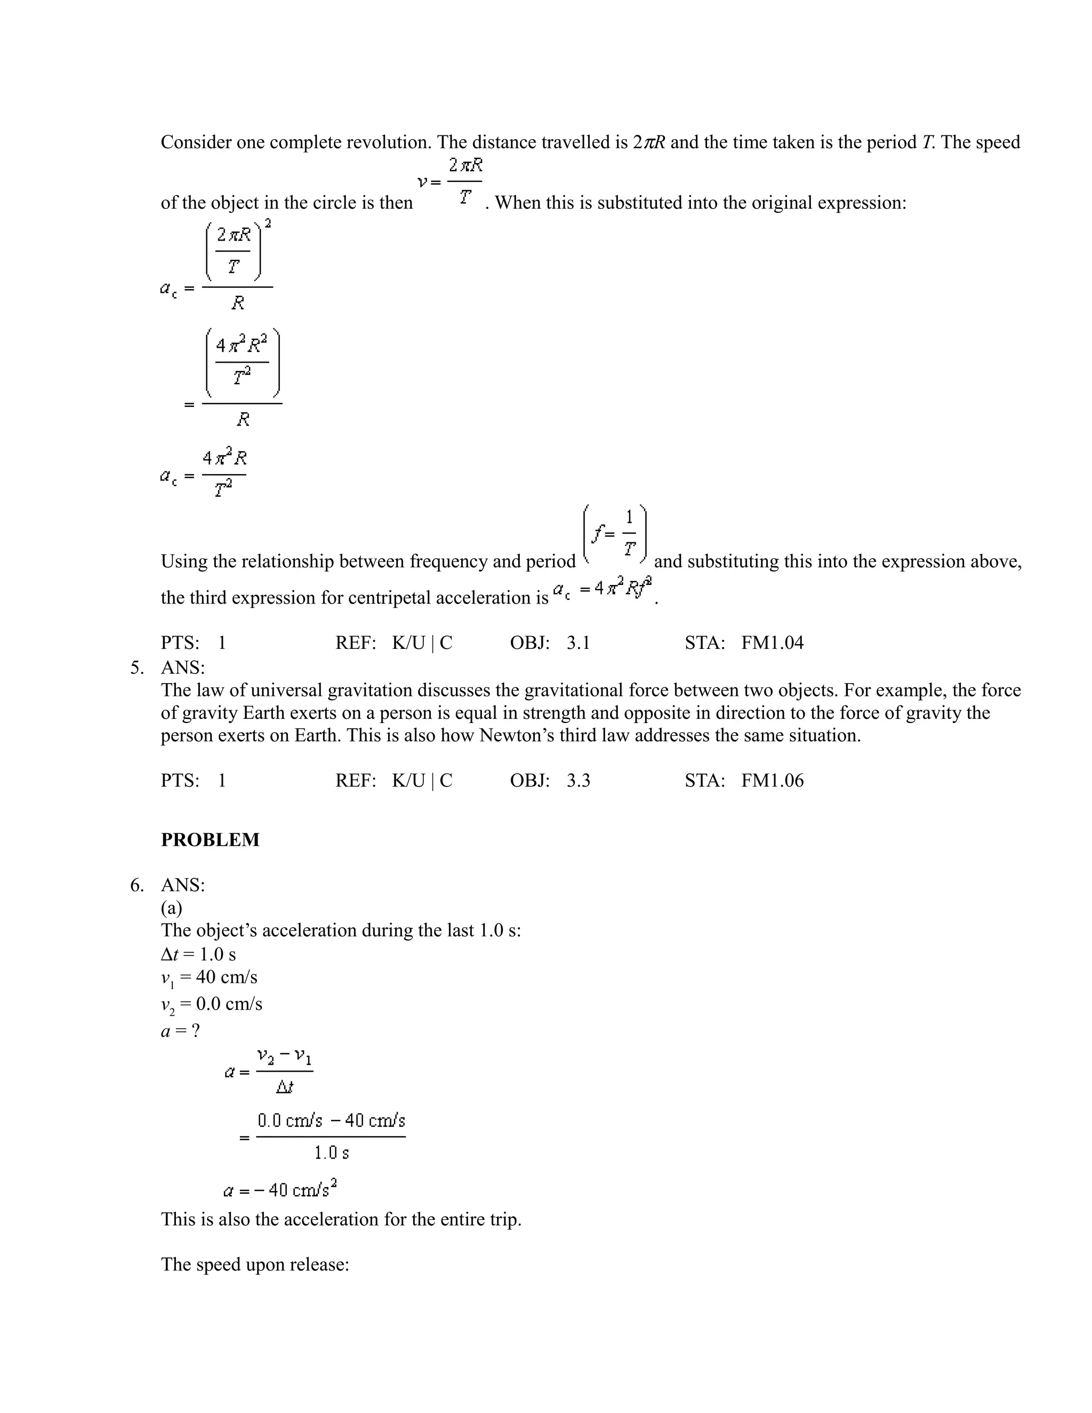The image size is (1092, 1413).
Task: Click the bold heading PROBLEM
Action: coord(210,840)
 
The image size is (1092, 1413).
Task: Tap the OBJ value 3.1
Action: coord(579,643)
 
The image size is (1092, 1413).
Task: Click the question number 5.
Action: coord(136,667)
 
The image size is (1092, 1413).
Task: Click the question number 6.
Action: coord(136,885)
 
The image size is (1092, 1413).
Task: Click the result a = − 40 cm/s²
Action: coord(280,1189)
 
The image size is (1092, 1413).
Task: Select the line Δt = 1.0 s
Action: coord(198,954)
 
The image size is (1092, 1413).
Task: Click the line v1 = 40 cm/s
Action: coord(208,977)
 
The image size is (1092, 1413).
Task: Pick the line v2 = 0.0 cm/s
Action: coord(211,1005)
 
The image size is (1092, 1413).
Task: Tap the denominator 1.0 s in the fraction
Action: coord(331,1152)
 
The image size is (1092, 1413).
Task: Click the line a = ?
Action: coord(180,1031)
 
